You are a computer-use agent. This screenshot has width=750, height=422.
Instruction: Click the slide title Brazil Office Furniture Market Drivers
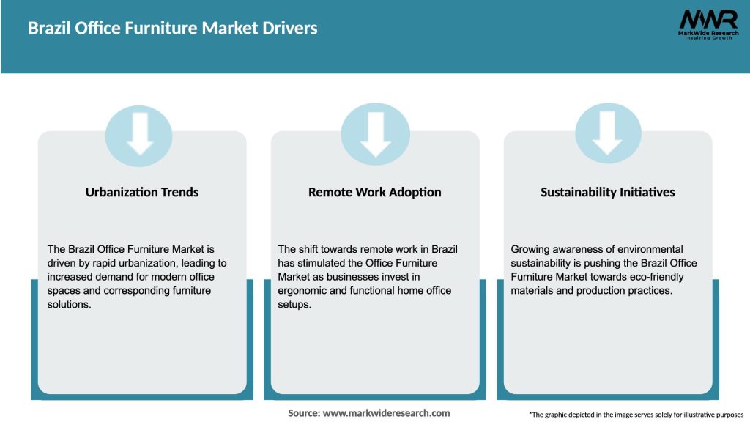tap(173, 29)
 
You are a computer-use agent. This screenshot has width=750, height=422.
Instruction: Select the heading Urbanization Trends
tap(142, 192)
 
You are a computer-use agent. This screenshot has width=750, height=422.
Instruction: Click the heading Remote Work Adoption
tap(375, 192)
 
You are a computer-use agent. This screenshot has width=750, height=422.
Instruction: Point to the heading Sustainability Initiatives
tap(608, 192)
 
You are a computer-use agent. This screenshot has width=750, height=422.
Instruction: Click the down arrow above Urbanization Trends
tap(139, 133)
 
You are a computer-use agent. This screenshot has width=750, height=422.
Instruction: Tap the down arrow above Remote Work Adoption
tap(375, 133)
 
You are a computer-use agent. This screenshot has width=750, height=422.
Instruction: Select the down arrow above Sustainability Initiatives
tap(608, 133)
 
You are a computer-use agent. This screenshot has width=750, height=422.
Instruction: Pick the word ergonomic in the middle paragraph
tap(304, 291)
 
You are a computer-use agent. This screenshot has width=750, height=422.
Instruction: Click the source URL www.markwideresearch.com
tap(386, 413)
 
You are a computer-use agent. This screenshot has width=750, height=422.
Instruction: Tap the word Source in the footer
tap(303, 413)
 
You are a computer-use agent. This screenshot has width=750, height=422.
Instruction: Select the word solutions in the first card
tap(71, 305)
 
